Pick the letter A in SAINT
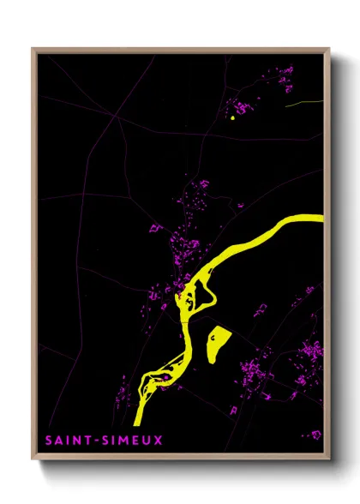55,441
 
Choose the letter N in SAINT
72,441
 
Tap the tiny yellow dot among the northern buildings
231,118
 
